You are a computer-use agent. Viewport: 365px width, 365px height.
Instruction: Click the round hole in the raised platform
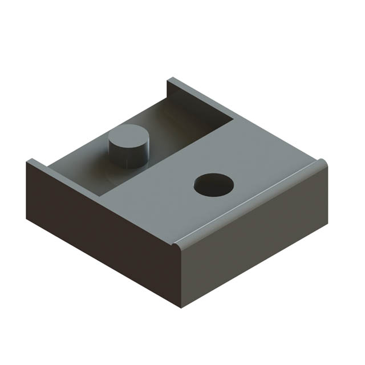[x=213, y=185]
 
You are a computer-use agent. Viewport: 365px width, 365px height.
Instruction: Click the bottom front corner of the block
[x=181, y=307]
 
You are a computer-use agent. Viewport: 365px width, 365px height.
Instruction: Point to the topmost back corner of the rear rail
[x=168, y=80]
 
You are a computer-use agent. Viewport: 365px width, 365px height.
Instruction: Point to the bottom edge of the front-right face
[x=257, y=262]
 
